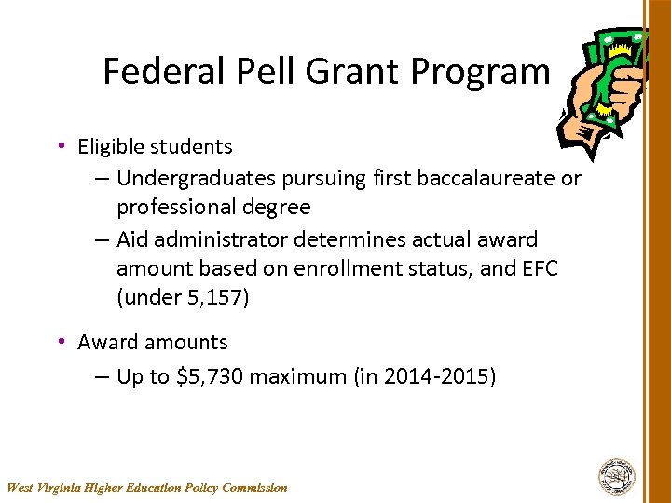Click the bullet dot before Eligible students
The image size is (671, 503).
click(61, 146)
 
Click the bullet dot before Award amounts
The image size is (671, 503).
click(61, 342)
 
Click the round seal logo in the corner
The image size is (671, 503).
click(616, 476)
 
